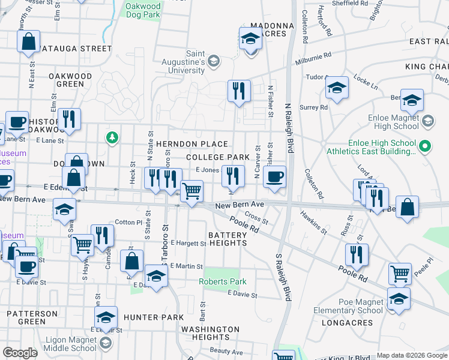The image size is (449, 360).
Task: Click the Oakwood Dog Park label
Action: tap(143, 11)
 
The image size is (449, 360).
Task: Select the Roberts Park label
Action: tap(223, 281)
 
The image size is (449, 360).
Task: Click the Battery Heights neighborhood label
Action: tap(228, 239)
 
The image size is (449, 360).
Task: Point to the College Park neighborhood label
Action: tap(217, 157)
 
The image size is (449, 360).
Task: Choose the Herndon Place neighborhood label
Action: tap(191, 144)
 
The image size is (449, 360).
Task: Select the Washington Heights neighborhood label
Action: tap(210, 333)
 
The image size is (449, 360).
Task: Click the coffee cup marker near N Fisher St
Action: tap(275, 177)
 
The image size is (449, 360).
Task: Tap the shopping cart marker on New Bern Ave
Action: tap(191, 191)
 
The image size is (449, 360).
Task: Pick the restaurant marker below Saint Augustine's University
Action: tap(239, 91)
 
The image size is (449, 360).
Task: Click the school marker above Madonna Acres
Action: tap(251, 39)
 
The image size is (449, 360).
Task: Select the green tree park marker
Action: tap(112, 138)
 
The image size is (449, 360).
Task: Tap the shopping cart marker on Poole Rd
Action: tap(400, 274)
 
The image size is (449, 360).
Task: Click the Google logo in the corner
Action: tap(20, 353)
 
